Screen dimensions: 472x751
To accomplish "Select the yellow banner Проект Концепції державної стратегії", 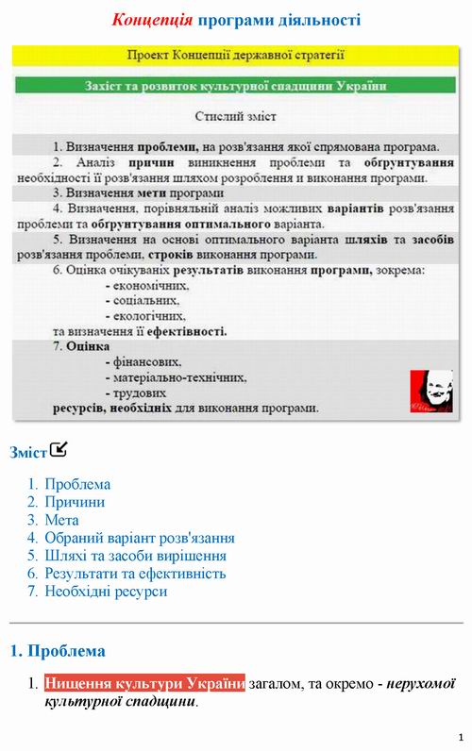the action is click(x=236, y=56).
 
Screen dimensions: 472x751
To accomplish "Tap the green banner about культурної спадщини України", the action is click(x=236, y=86).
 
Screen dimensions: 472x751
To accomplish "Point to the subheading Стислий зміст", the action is click(x=236, y=118).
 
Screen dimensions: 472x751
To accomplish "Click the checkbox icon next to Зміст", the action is click(x=60, y=449).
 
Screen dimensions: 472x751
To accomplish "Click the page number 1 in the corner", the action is click(x=461, y=736).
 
